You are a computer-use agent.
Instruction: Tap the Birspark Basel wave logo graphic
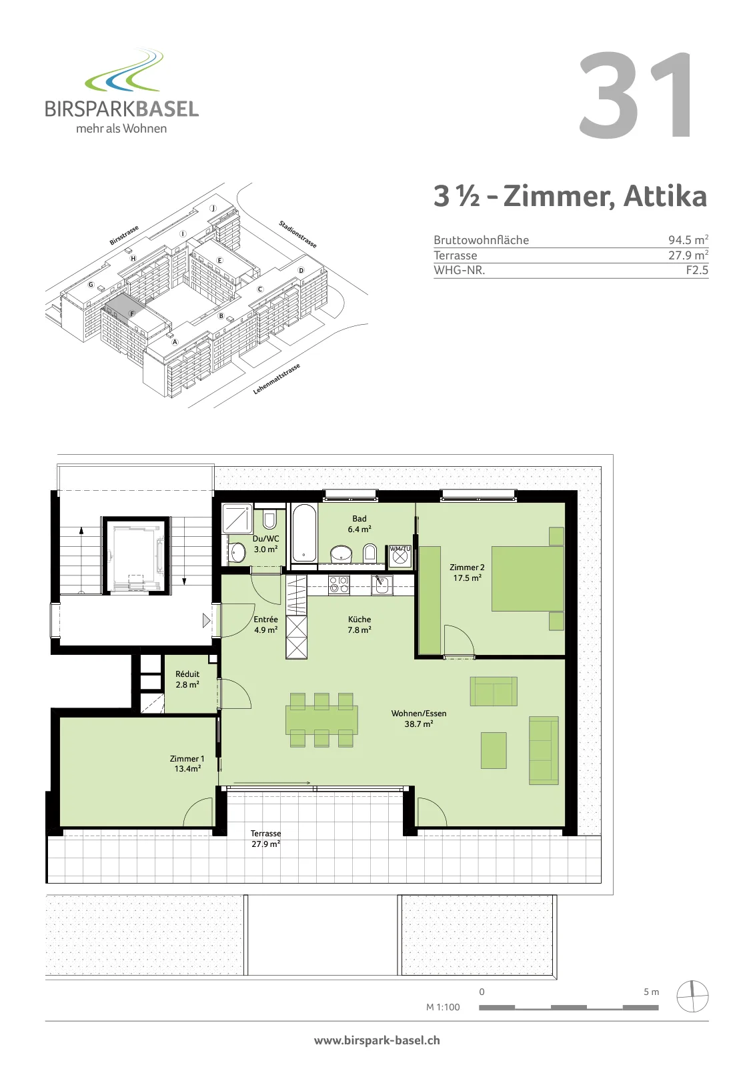click(x=125, y=71)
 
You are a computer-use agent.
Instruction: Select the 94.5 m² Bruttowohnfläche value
click(x=688, y=239)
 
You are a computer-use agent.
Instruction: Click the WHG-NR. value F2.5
click(x=697, y=270)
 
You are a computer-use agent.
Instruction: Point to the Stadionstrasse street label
click(x=297, y=234)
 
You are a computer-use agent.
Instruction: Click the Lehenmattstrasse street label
click(x=276, y=379)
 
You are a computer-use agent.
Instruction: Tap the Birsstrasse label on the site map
click(x=124, y=235)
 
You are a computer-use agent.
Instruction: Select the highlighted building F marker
click(x=133, y=313)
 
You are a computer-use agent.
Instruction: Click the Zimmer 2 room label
click(x=467, y=572)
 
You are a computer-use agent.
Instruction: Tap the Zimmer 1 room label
click(x=187, y=763)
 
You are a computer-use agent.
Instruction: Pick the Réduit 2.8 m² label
click(x=187, y=679)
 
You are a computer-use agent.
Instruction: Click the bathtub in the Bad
click(x=303, y=533)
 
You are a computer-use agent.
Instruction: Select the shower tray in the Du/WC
click(x=237, y=518)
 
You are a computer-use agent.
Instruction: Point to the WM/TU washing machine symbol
click(x=400, y=556)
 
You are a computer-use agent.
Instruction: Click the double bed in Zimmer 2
click(x=528, y=578)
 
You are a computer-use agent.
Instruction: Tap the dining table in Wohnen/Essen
click(x=321, y=720)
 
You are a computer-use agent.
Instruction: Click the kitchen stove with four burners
click(x=339, y=585)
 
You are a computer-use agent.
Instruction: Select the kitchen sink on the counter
click(x=382, y=585)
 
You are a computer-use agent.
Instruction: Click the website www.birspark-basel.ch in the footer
click(x=377, y=1040)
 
